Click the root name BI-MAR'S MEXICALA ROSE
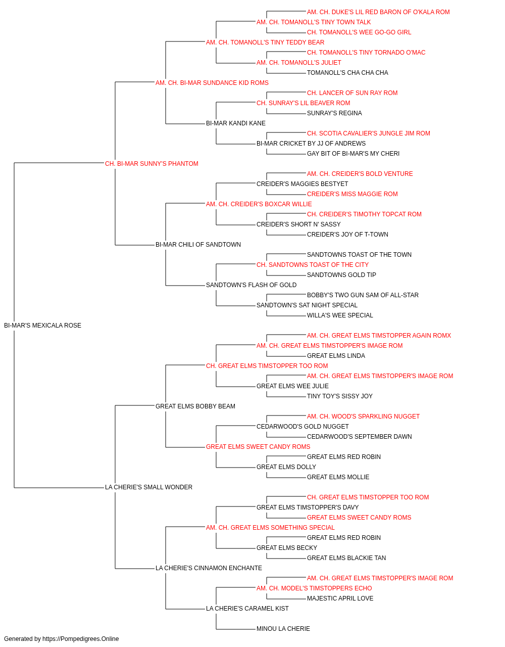pyautogui.click(x=42, y=325)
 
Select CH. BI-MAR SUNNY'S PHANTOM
pyautogui.click(x=151, y=163)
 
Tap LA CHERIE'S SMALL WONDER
pyautogui.click(x=148, y=487)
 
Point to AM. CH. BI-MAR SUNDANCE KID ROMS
pyautogui.click(x=212, y=83)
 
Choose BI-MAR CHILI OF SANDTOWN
pyautogui.click(x=198, y=245)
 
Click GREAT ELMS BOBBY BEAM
pyautogui.click(x=195, y=406)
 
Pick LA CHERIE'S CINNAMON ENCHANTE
pyautogui.click(x=209, y=568)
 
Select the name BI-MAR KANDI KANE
pyautogui.click(x=235, y=123)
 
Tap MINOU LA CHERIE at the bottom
pyautogui.click(x=283, y=628)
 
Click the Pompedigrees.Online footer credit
pyautogui.click(x=61, y=639)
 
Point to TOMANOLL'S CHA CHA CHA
pyautogui.click(x=347, y=73)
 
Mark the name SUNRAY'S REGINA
pyautogui.click(x=334, y=113)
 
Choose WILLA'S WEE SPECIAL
pyautogui.click(x=340, y=315)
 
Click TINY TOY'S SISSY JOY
pyautogui.click(x=340, y=396)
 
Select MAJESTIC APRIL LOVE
pyautogui.click(x=340, y=598)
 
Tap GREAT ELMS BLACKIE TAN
pyautogui.click(x=346, y=558)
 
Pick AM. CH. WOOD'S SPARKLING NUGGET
pyautogui.click(x=363, y=416)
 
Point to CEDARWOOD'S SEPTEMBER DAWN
pyautogui.click(x=359, y=437)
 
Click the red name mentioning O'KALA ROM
pyautogui.click(x=378, y=12)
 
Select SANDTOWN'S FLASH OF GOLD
pyautogui.click(x=251, y=285)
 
